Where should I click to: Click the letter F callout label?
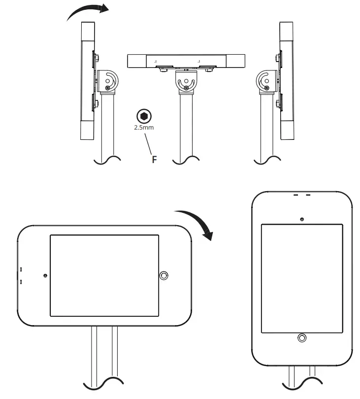point(154,160)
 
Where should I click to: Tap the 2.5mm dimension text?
point(144,128)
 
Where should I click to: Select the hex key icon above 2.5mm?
point(143,116)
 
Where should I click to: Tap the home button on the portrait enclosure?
point(302,337)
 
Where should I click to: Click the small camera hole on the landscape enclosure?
point(45,276)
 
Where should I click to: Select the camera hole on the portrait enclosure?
point(302,219)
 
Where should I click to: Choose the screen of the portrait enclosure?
point(302,278)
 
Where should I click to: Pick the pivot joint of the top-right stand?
point(266,81)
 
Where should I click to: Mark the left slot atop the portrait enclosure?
point(296,195)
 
